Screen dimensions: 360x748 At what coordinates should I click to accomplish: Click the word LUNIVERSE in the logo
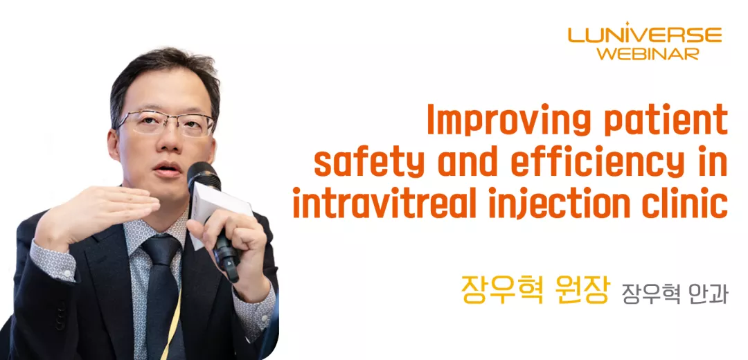[x=645, y=35]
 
